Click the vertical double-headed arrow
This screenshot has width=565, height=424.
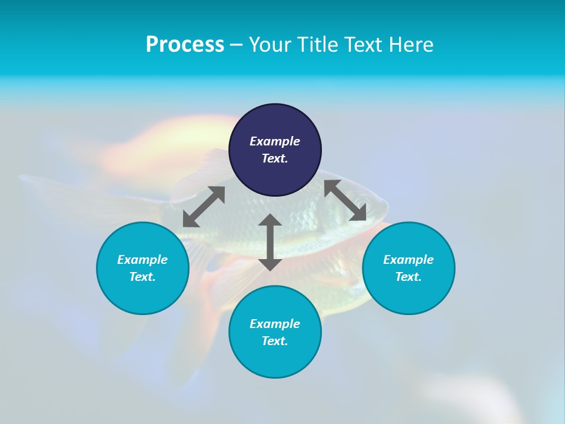[x=270, y=242]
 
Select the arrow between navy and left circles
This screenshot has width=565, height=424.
[x=204, y=207]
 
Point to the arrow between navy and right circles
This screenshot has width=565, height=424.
[x=345, y=200]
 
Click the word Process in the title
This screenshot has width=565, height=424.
[x=185, y=45]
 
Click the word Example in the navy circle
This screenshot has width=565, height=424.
[x=275, y=141]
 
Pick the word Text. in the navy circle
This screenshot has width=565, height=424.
[x=275, y=158]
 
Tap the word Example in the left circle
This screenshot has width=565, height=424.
[x=142, y=260]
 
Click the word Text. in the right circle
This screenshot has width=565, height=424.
[x=408, y=277]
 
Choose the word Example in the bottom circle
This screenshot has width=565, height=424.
[x=275, y=324]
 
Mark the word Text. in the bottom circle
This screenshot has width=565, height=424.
[x=275, y=341]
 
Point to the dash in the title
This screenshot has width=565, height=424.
[x=236, y=45]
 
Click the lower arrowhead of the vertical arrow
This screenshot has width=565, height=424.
[x=270, y=263]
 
